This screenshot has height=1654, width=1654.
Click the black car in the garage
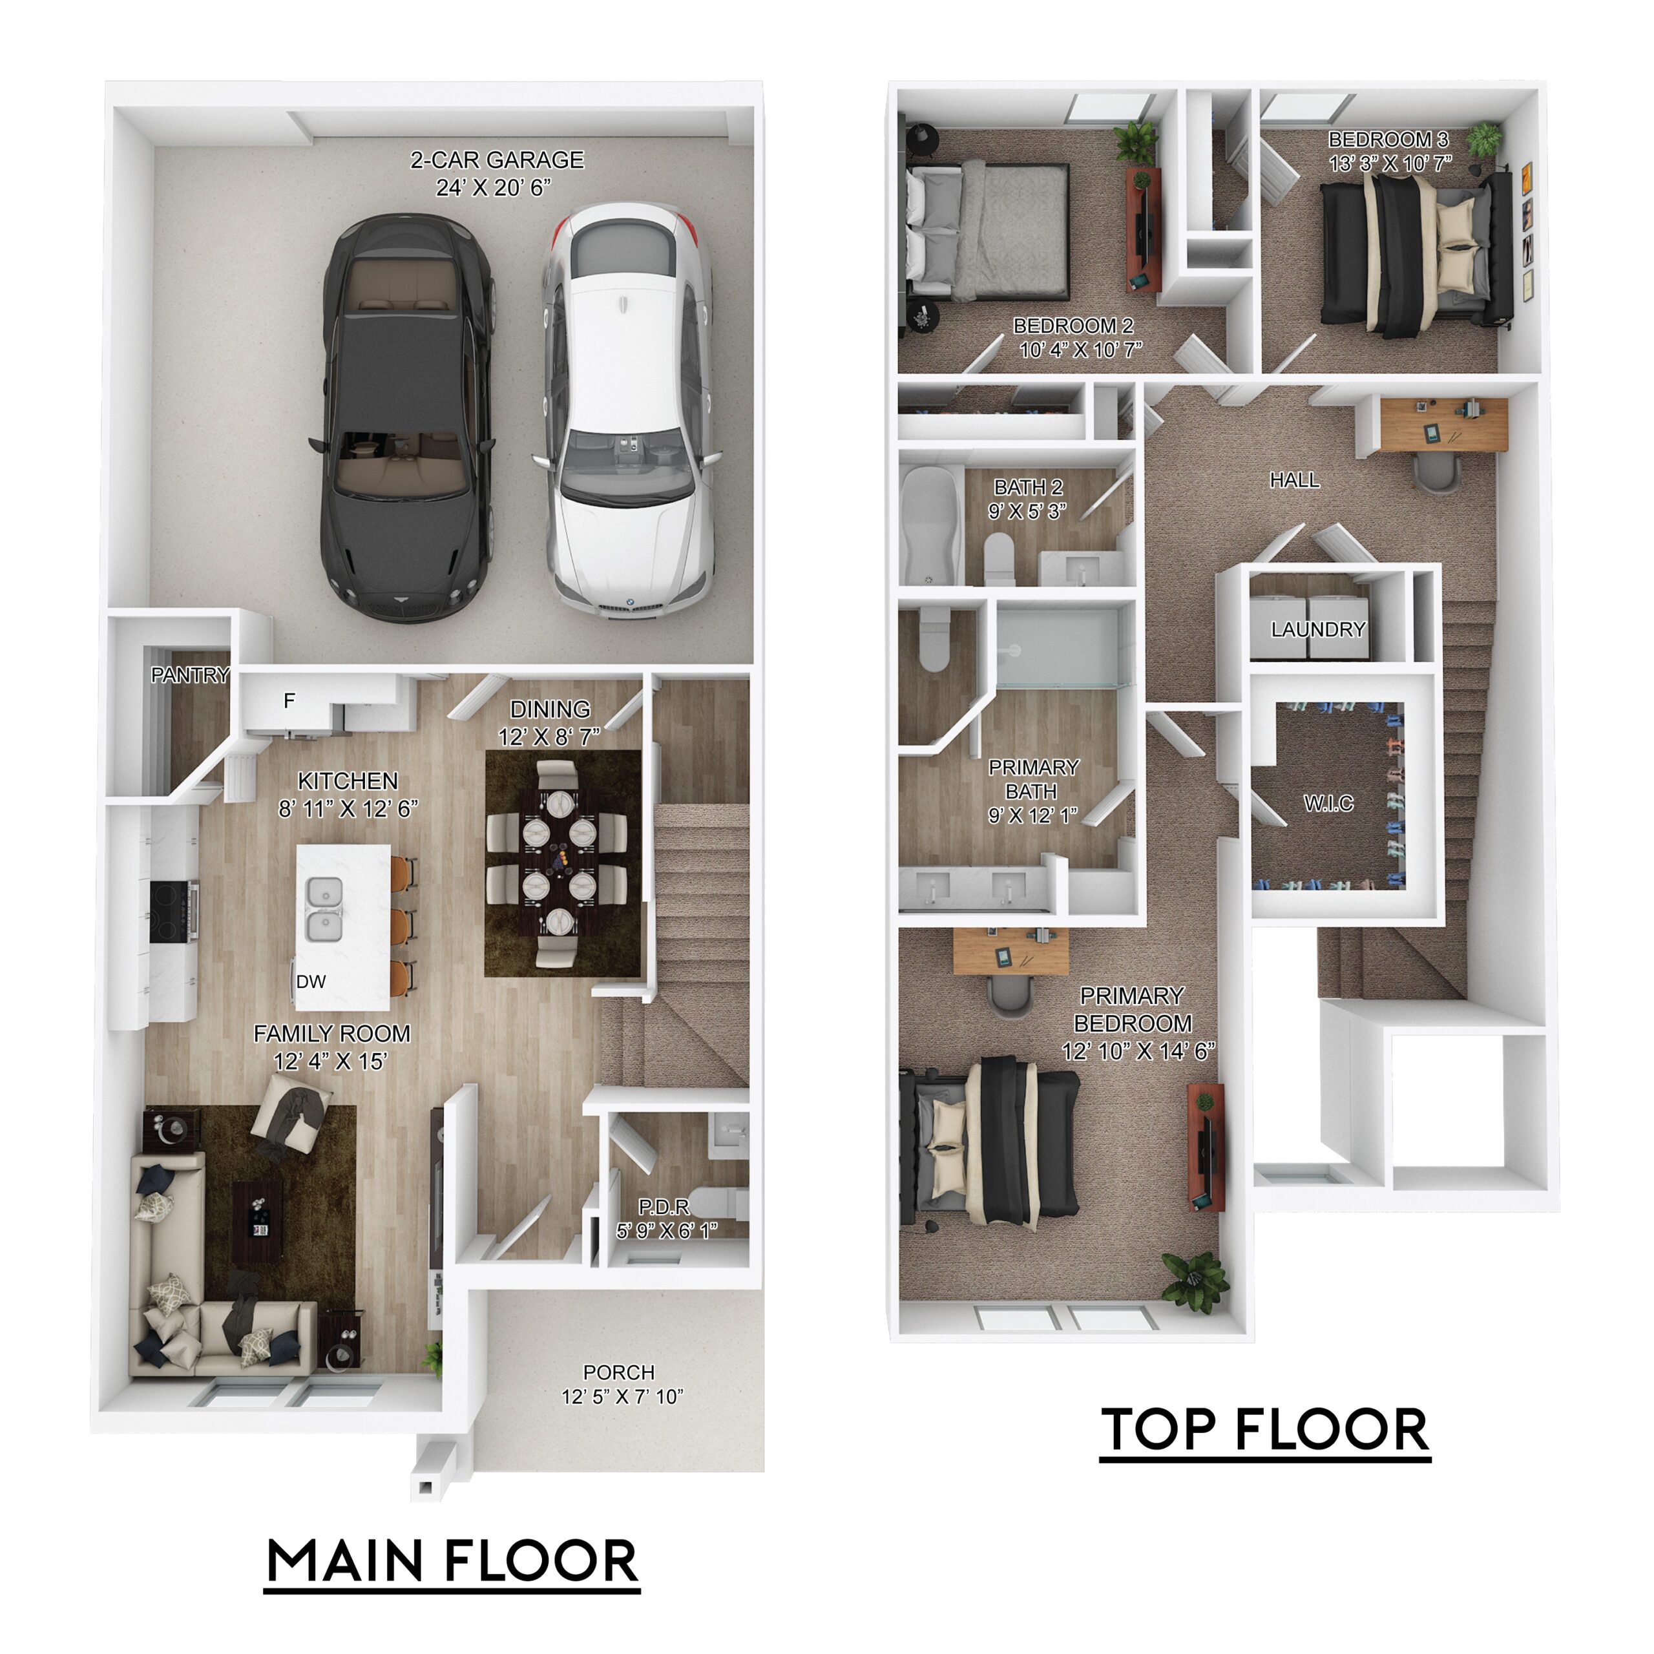point(405,417)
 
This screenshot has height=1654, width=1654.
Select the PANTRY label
point(190,675)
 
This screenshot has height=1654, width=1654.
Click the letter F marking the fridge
point(289,701)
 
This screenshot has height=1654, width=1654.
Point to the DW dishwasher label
point(311,982)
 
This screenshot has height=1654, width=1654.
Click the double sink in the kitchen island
point(324,909)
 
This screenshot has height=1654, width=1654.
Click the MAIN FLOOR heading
point(452,1561)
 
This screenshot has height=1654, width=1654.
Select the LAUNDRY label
point(1317,630)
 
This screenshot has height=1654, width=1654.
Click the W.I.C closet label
point(1328,803)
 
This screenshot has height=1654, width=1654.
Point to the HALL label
point(1293,480)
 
